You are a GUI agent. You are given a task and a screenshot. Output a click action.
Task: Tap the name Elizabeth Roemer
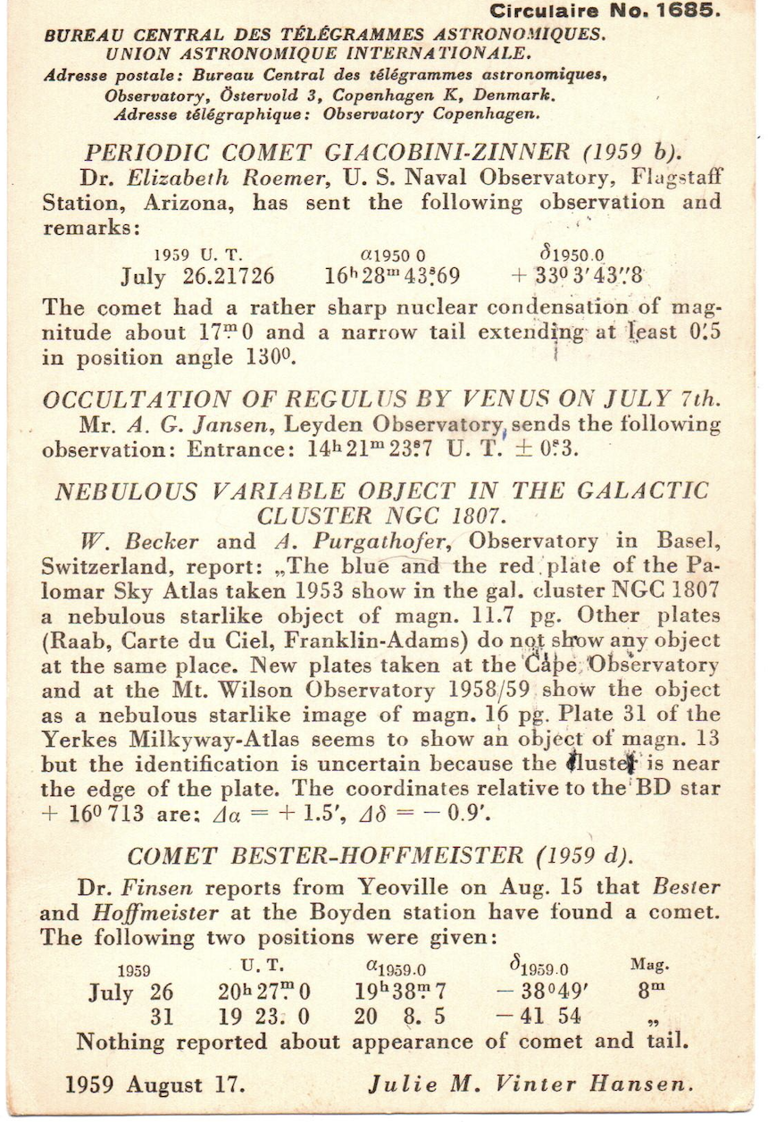228,178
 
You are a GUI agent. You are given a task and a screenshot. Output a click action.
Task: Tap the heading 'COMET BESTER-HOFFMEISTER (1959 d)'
380,856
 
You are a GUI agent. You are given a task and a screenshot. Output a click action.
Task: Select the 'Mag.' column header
649,966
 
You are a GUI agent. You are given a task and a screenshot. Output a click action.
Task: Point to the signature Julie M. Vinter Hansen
530,1084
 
